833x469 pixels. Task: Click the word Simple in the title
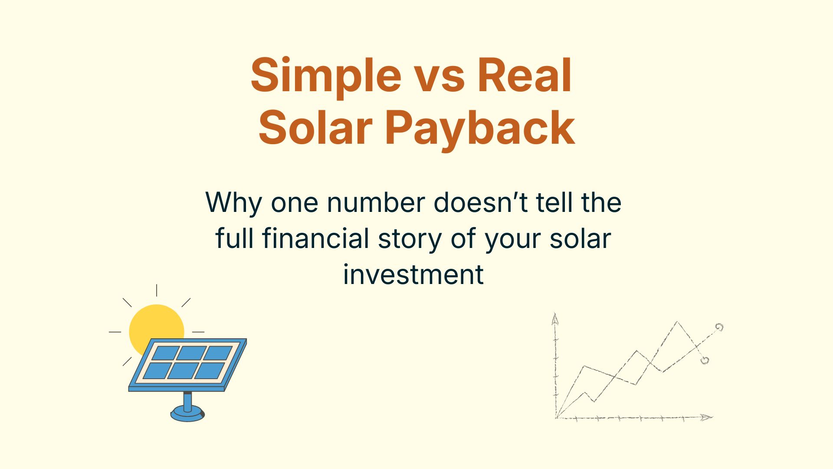(x=326, y=76)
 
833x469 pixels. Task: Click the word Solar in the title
(x=315, y=127)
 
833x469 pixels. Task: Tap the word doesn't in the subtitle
(x=481, y=203)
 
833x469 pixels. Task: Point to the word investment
(x=413, y=274)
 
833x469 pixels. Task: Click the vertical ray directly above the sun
(x=157, y=290)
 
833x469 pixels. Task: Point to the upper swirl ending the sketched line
(x=719, y=327)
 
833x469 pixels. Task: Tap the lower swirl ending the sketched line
(x=705, y=360)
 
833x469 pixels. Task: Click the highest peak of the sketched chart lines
(x=677, y=322)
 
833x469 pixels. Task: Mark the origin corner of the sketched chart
(x=556, y=418)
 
